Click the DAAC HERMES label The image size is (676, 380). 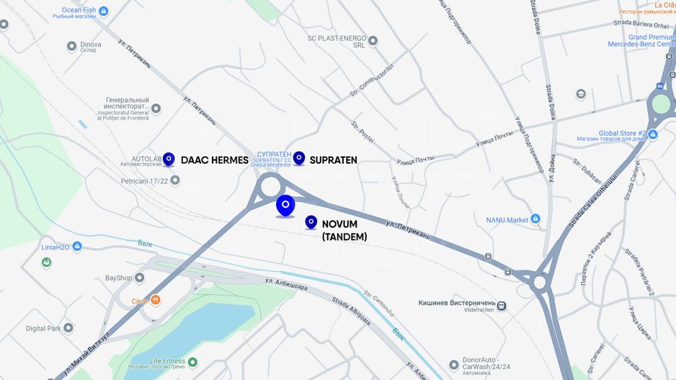(x=214, y=160)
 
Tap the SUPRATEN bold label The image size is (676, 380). (x=333, y=160)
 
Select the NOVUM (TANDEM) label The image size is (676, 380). (x=344, y=230)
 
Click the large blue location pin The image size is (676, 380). (x=285, y=205)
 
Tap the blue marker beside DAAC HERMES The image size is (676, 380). (x=169, y=159)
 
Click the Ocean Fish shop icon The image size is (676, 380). (x=104, y=11)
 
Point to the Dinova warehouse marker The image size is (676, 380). (x=71, y=46)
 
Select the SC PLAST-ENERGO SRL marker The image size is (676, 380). (x=373, y=40)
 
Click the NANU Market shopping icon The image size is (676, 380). (x=535, y=219)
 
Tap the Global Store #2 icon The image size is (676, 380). (x=652, y=134)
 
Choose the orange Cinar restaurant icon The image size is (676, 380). (x=155, y=300)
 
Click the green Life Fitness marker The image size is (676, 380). (x=192, y=362)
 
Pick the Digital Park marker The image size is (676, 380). (x=68, y=328)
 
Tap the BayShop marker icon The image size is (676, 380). (x=139, y=278)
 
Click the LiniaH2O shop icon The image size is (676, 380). (x=77, y=247)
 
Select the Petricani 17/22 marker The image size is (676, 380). (x=174, y=180)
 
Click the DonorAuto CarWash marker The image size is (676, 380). (x=453, y=365)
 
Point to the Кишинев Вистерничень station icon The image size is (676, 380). (x=501, y=306)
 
